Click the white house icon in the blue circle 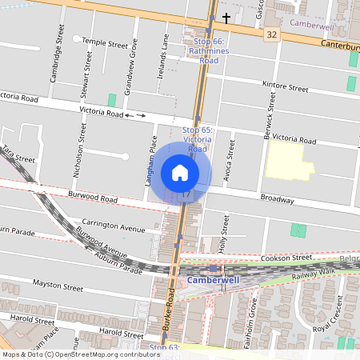tap(180, 172)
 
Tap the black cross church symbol tap(226, 17)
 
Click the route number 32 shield tap(272, 35)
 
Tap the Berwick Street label tap(272, 111)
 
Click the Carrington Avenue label tap(112, 228)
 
